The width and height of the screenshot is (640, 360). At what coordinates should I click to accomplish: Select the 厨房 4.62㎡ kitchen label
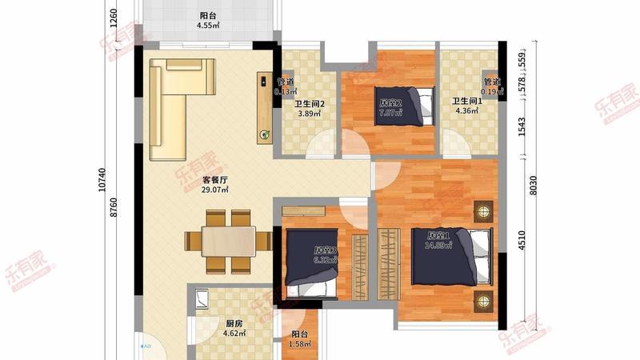pos(233,328)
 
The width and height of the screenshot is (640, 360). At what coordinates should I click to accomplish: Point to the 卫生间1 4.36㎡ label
pos(467,106)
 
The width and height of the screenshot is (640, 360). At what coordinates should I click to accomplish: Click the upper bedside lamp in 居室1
pos(482,212)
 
